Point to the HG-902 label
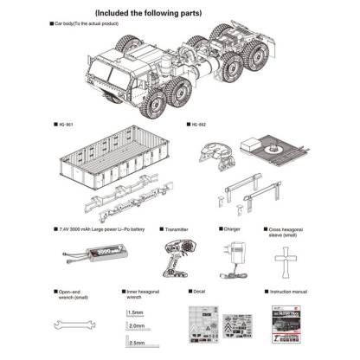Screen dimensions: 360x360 (x=199, y=125)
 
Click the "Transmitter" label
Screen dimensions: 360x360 (x=177, y=229)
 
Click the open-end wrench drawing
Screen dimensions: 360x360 (x=74, y=325)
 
